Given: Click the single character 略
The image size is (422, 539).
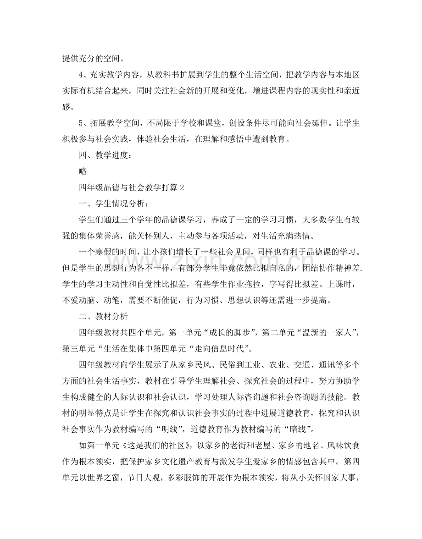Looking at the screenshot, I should point(83,171).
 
